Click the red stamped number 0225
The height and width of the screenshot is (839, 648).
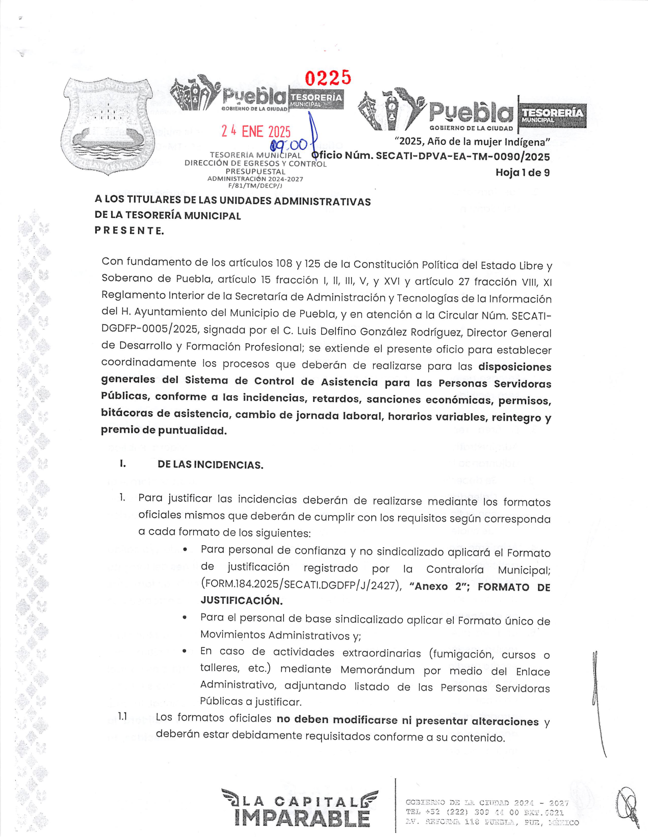[328, 78]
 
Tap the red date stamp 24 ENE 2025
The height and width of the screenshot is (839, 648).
[255, 132]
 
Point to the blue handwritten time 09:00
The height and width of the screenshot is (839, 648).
[289, 145]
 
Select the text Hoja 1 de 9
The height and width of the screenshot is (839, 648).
[522, 173]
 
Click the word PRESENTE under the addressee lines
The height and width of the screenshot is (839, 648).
[129, 231]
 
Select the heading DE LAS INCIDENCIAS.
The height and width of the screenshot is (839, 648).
[210, 465]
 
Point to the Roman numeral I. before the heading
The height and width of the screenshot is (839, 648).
[122, 464]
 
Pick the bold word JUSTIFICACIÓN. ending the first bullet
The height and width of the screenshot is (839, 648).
[241, 601]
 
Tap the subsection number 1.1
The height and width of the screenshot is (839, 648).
[122, 717]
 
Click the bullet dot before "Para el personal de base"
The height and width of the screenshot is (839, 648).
[185, 618]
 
